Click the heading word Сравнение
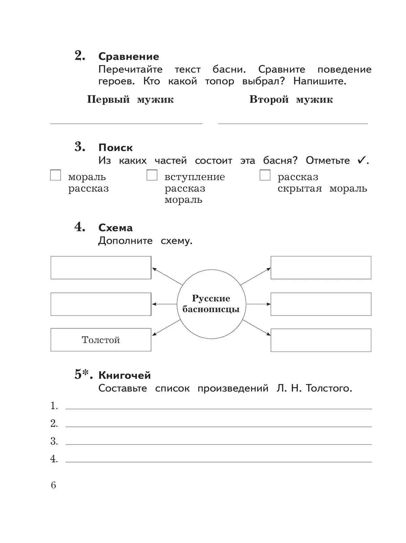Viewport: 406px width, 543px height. coord(129,57)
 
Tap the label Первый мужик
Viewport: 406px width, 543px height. coord(130,100)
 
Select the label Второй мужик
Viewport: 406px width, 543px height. coord(291,100)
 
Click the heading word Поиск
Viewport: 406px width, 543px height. coord(115,148)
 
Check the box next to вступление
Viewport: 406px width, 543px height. coord(152,175)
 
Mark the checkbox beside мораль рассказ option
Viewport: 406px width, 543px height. coord(55,175)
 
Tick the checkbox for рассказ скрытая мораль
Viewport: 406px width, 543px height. coord(265,175)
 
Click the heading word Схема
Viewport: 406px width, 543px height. coord(115,228)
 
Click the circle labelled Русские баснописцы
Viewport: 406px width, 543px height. coord(211,304)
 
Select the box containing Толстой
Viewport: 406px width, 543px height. coord(101,340)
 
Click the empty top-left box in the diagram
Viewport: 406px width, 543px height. coord(101,267)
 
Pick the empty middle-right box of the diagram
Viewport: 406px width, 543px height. coord(321,304)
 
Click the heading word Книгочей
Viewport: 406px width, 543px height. coord(125,375)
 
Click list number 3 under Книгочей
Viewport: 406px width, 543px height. coord(54,441)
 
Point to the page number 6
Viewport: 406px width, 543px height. coord(53,485)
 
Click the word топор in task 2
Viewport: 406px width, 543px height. coord(220,81)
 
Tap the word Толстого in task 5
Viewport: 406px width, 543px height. coord(329,388)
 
